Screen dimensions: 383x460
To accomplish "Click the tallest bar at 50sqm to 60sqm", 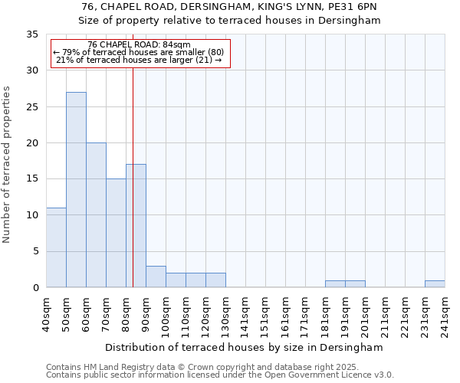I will click(76, 190).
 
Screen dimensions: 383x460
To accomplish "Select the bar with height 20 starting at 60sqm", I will click(96, 215).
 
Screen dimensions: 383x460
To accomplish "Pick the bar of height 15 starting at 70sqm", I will click(116, 233).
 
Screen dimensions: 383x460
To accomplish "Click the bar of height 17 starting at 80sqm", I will click(136, 226).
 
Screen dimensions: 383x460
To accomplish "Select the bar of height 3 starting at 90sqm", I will click(156, 277).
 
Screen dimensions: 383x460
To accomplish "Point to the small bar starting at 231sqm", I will click(435, 284).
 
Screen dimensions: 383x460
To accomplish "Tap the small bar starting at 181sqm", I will click(335, 284).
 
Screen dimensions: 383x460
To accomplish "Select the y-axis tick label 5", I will click(34, 252).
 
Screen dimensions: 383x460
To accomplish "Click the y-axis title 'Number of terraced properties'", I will click(8, 165).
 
